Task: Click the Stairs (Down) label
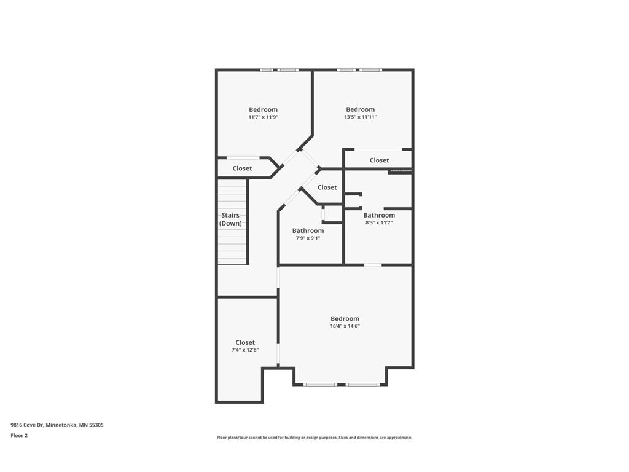pos(231,219)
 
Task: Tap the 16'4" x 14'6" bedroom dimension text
pos(345,326)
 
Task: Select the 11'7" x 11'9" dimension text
pos(263,117)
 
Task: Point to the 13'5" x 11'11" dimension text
pos(360,117)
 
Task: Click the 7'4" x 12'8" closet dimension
pos(245,350)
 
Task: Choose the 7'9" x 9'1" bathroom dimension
pos(308,238)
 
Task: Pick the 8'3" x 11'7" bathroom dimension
pos(379,222)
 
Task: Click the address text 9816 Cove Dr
pos(53,425)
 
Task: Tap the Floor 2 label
pos(19,435)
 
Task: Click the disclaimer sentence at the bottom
pos(314,438)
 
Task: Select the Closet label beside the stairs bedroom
pos(242,168)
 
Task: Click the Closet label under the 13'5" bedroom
pos(379,160)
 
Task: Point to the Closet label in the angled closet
pos(327,187)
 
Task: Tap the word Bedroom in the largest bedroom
pos(345,318)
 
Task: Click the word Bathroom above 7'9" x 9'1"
pos(308,230)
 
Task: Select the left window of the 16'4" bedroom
pos(320,385)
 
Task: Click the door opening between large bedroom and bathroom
pos(372,265)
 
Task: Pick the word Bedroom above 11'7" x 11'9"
pos(263,109)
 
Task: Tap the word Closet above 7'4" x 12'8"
pos(245,342)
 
